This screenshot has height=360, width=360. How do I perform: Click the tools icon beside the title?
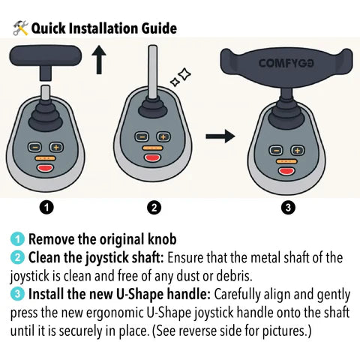[20, 28]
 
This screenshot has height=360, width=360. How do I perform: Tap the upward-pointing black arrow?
[99, 60]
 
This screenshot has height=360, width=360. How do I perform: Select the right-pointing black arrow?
[220, 136]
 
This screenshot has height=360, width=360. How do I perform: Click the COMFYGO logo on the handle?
[286, 63]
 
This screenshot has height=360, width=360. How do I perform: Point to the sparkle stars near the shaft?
[181, 77]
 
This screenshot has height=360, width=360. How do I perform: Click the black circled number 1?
[46, 207]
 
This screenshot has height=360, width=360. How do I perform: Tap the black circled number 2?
[154, 207]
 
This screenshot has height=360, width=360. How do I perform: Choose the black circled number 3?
[288, 207]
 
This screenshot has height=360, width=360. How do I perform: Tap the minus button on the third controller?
[276, 151]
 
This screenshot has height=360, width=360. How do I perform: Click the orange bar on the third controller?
[286, 161]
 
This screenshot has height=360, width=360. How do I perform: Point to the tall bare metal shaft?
[153, 72]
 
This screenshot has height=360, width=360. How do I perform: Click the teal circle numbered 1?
[17, 239]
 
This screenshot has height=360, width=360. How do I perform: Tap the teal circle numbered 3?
[17, 294]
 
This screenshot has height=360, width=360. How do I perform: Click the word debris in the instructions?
[234, 276]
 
